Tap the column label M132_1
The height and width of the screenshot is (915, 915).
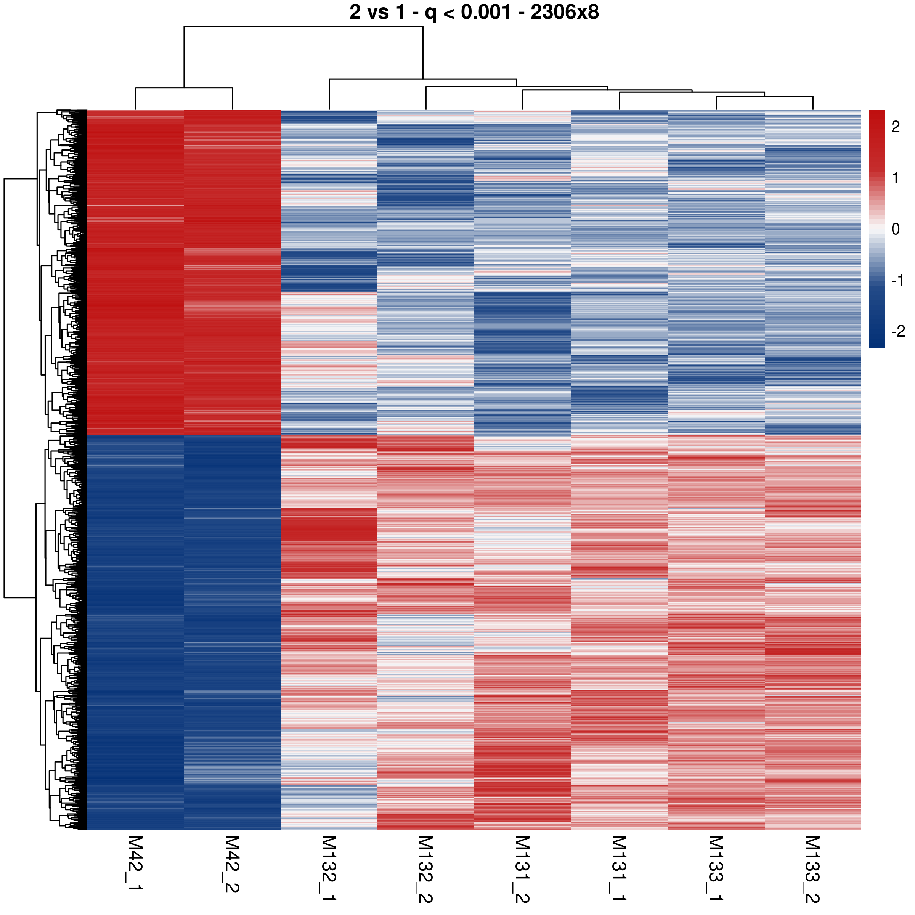(x=329, y=867)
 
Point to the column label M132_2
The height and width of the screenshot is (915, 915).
(x=425, y=867)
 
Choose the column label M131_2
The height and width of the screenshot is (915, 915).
(x=522, y=867)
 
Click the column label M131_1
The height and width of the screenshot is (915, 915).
(x=620, y=867)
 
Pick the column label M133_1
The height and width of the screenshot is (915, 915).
(x=716, y=867)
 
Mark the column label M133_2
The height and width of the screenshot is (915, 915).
(x=813, y=867)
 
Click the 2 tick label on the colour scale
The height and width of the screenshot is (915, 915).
(x=895, y=127)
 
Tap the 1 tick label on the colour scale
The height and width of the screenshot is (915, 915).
(x=895, y=178)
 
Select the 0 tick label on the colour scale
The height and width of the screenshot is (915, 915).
(x=895, y=229)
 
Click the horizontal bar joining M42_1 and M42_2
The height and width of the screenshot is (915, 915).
(x=184, y=88)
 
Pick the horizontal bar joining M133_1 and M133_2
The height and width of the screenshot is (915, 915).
(x=764, y=96)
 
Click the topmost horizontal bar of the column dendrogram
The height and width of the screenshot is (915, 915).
(x=303, y=27)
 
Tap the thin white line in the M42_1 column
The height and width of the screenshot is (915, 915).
(x=135, y=205)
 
